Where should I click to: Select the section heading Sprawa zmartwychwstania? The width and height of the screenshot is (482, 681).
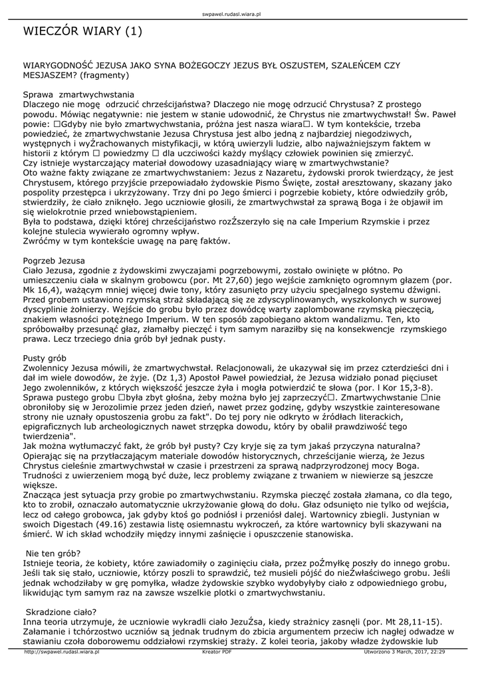click(78, 95)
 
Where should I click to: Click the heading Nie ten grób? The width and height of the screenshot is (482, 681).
click(53, 553)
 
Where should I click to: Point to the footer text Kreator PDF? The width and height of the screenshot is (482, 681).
click(217, 652)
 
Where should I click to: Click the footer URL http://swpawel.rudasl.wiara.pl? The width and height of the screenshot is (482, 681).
click(61, 652)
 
